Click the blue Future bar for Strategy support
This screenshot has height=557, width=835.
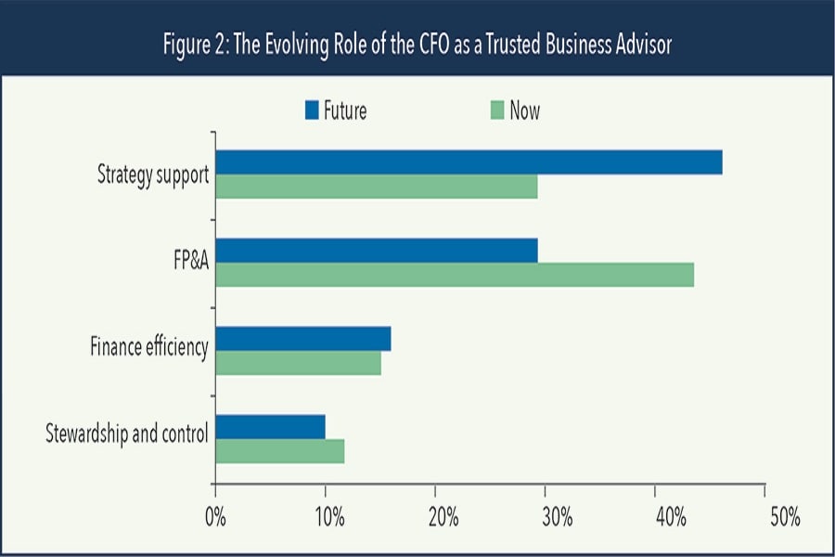(x=469, y=162)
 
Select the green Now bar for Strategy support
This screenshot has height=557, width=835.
(x=377, y=186)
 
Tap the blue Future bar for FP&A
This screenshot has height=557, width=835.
(x=377, y=251)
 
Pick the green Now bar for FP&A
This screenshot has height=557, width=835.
(x=455, y=275)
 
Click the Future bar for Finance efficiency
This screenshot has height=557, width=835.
(x=303, y=339)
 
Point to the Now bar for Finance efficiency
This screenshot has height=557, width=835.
(x=298, y=362)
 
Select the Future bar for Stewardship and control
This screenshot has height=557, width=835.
(x=270, y=427)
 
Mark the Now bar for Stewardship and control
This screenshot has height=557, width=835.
(x=280, y=451)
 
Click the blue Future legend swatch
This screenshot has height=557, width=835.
(x=312, y=111)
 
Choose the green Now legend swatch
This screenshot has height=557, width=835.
(x=496, y=111)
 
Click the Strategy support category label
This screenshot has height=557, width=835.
(x=153, y=175)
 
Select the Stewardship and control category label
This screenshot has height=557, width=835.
(x=126, y=434)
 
